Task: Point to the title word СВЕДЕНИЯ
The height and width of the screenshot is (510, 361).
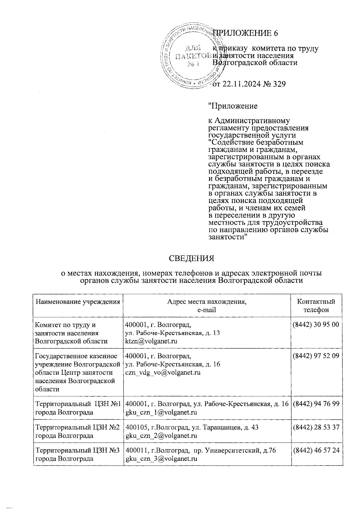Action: click(191, 258)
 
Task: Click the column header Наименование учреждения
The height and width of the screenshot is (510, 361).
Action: click(78, 302)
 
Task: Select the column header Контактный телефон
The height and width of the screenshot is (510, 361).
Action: click(316, 306)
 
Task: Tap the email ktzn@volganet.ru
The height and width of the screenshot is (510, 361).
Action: click(151, 341)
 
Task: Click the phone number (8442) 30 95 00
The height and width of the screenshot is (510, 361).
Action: click(316, 325)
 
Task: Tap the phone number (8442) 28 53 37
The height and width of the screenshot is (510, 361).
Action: click(316, 427)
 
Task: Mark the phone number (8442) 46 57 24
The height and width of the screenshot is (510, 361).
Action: click(316, 451)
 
